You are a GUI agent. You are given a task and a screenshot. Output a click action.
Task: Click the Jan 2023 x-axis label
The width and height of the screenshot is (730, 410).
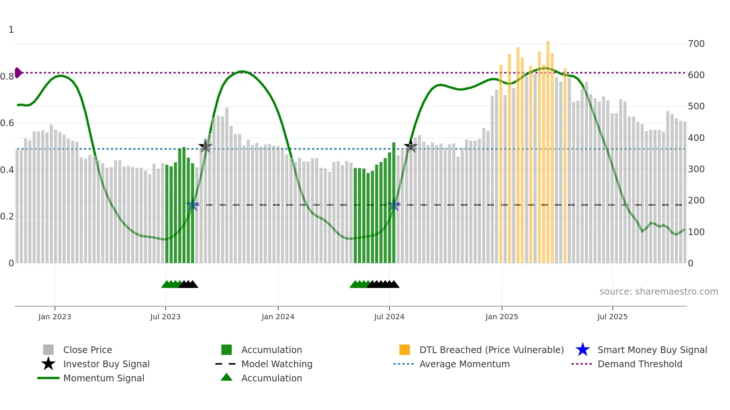pos(54,317)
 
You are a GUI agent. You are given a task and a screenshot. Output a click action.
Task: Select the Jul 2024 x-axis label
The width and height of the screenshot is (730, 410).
pos(389,317)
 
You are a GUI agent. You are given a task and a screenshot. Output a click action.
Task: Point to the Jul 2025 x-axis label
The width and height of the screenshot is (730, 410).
pos(612,317)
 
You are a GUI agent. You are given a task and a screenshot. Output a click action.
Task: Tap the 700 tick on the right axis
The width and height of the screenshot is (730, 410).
pos(696,44)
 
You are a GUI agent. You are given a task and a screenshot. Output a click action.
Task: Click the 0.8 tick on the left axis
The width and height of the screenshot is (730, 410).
pos(7,77)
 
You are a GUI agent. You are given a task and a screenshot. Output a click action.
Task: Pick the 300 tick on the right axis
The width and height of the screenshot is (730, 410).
pos(696,169)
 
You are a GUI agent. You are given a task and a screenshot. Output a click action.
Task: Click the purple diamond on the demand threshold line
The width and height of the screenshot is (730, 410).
pos(18,73)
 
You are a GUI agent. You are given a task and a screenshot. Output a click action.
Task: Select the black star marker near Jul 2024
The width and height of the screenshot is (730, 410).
pos(410,146)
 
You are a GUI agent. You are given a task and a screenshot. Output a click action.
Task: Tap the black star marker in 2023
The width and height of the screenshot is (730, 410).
pos(205,146)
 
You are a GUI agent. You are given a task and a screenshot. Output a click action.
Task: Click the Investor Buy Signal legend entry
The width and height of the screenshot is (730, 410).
pos(106,364)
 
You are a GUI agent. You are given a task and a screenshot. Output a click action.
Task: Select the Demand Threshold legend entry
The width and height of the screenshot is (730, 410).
pos(639,364)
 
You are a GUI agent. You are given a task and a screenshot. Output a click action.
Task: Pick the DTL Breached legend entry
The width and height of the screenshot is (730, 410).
pos(491,350)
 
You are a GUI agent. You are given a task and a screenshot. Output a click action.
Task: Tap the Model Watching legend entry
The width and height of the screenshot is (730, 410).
pos(277,364)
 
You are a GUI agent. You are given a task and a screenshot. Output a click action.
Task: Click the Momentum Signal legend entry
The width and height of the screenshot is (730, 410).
pos(104,378)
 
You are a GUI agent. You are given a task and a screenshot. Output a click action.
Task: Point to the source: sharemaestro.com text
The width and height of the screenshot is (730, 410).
pos(658,291)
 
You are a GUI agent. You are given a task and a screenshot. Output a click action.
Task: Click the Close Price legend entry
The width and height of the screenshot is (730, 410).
pos(88,350)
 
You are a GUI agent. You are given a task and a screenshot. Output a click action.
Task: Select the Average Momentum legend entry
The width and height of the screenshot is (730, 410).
pos(464,364)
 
